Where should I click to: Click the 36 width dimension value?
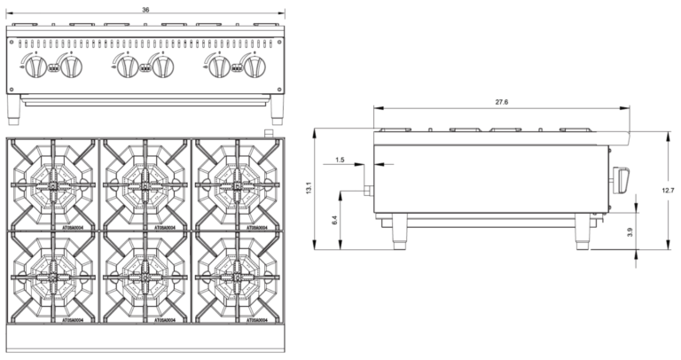pyautogui.click(x=145, y=9)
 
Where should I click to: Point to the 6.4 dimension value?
pyautogui.click(x=335, y=219)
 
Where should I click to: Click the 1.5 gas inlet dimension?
pyautogui.click(x=340, y=160)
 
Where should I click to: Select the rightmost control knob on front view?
pyautogui.click(x=258, y=67)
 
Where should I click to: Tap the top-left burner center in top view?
pyautogui.click(x=52, y=184)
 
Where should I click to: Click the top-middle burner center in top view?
pyautogui.click(x=145, y=184)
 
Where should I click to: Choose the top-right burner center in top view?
pyautogui.click(x=237, y=184)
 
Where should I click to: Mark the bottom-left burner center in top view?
pyautogui.click(x=52, y=277)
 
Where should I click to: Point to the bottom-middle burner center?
pyautogui.click(x=145, y=277)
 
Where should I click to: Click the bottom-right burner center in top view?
pyautogui.click(x=237, y=277)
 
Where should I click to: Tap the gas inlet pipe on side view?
pyautogui.click(x=364, y=191)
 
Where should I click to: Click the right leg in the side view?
pyautogui.click(x=582, y=231)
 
